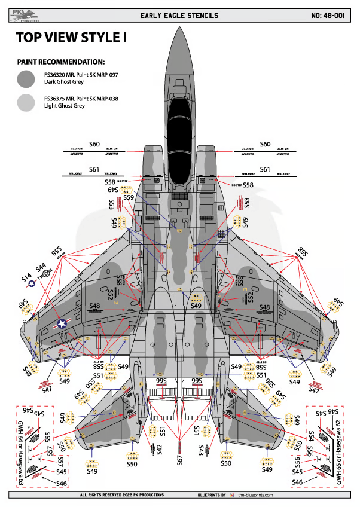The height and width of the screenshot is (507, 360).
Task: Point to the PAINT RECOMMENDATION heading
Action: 62,62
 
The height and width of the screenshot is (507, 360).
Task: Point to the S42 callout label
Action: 159,449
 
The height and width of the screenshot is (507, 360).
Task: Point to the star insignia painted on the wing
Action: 62,323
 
